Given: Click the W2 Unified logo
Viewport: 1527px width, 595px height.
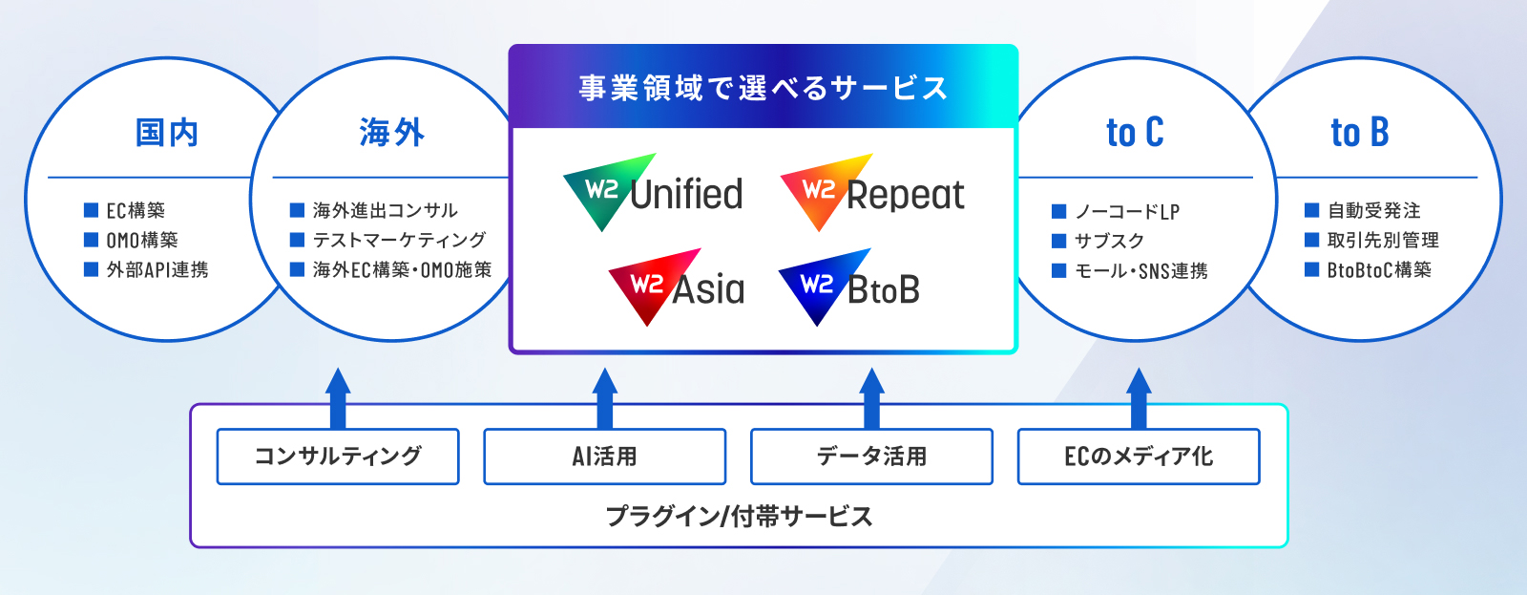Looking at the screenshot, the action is click(x=653, y=192).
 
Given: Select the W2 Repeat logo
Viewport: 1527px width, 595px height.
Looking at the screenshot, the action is click(x=872, y=192).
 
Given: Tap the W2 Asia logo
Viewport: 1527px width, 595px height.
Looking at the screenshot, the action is click(x=677, y=287).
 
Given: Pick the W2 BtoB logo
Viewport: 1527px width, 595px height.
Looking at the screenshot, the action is click(x=849, y=287).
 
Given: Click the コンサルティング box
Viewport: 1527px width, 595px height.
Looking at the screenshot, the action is click(x=338, y=457).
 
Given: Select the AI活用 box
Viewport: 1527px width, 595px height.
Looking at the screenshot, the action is click(x=605, y=457).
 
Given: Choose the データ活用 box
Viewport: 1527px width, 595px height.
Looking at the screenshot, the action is click(x=872, y=457).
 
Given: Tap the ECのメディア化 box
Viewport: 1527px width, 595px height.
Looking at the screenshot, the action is click(x=1140, y=457).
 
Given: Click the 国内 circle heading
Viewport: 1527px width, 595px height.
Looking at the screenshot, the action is click(x=167, y=133).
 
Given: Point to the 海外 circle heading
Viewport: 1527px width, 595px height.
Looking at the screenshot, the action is click(x=392, y=133).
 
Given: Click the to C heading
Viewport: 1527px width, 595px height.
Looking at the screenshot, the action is click(x=1135, y=133).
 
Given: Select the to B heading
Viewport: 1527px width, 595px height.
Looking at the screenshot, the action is click(x=1360, y=133).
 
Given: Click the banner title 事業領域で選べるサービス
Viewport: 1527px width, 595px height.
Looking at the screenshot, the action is click(x=763, y=88).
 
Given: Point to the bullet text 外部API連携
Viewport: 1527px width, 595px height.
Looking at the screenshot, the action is click(x=157, y=270).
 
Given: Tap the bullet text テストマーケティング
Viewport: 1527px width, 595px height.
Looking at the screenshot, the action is click(x=400, y=240).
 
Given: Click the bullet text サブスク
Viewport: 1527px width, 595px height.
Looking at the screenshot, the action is click(x=1109, y=241).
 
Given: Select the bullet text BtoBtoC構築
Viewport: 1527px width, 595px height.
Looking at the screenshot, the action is click(x=1379, y=270).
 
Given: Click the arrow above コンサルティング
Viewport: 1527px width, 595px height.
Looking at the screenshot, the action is click(x=338, y=398).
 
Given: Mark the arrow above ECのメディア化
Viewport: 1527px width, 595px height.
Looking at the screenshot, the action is click(x=1140, y=398).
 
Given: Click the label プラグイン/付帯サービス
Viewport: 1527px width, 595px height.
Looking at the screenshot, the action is click(x=739, y=517).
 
